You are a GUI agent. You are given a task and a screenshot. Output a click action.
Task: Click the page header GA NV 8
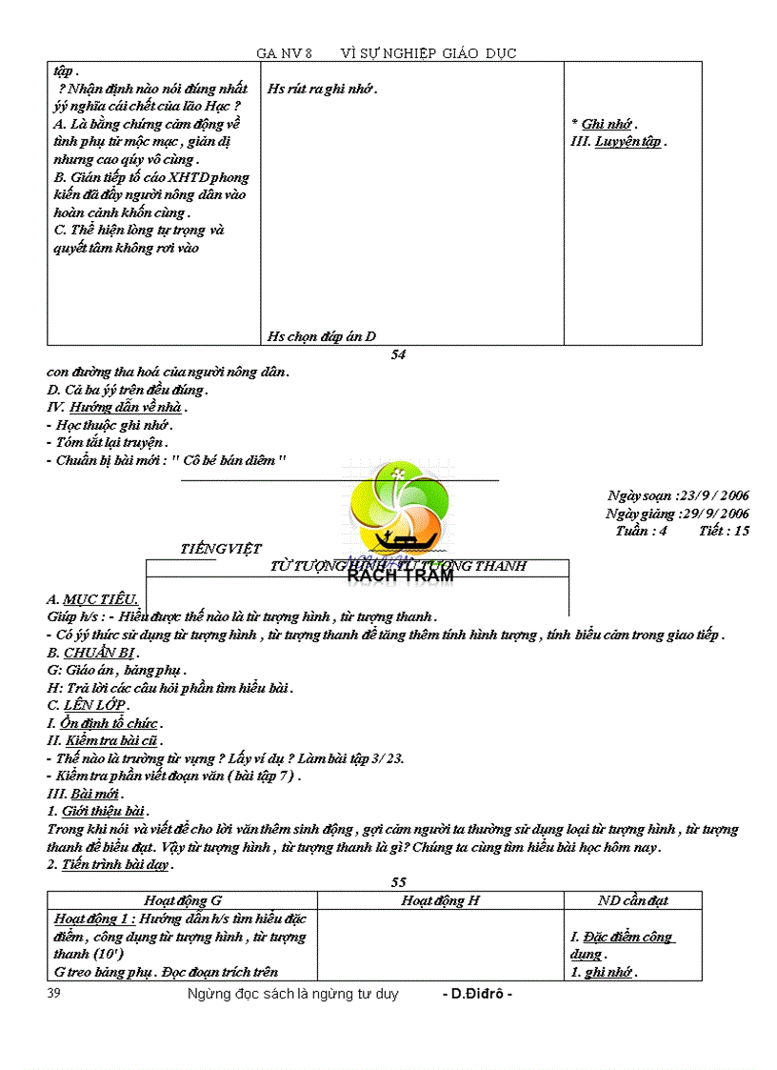point(284,53)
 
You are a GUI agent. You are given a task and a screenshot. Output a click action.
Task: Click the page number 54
point(399,355)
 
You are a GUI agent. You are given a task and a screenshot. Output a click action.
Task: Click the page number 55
point(398,882)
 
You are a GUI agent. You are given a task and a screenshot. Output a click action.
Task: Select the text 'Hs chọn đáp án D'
point(322,335)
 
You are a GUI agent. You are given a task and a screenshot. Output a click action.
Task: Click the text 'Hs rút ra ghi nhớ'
point(322,89)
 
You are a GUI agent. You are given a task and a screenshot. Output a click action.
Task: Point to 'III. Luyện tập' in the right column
point(618,142)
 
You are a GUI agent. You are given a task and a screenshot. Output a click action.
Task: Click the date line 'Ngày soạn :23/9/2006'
point(678,495)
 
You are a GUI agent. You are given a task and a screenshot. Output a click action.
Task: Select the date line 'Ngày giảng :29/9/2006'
point(677,514)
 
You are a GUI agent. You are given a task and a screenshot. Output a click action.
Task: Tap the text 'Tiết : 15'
point(724,531)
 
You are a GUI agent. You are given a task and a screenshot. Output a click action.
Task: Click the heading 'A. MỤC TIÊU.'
point(92,599)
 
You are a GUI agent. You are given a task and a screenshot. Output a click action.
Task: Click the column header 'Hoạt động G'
point(182,900)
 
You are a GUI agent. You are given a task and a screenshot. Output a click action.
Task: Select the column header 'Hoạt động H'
point(440,900)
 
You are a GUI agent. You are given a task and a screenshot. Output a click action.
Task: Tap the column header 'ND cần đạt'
point(632,900)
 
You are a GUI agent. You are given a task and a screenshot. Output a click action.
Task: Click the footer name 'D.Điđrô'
point(477,994)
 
